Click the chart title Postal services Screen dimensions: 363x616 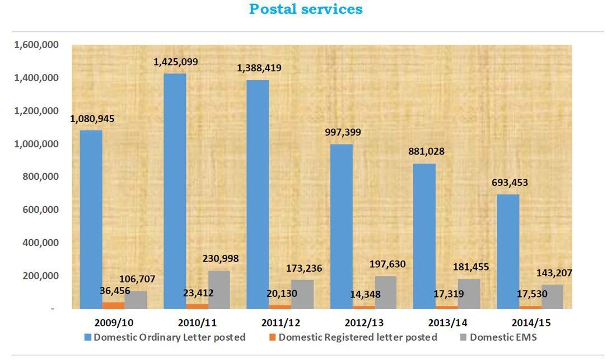click(306, 10)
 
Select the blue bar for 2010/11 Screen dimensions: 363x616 click(174, 190)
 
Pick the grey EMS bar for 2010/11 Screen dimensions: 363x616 click(219, 289)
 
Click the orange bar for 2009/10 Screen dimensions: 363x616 click(114, 305)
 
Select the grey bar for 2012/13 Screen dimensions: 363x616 click(386, 292)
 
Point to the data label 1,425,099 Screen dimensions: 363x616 click(176, 62)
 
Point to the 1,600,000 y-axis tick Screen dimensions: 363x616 click(36, 45)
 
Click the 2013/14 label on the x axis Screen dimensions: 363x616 click(447, 323)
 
